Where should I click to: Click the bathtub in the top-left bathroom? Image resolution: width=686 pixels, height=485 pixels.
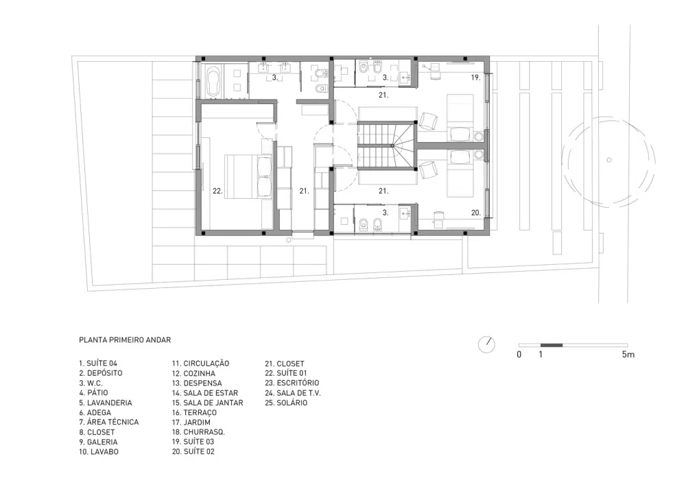pos(214,82)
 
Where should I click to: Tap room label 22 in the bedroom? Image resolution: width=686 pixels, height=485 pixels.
pos(217,191)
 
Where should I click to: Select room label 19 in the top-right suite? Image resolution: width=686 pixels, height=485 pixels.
pos(476,78)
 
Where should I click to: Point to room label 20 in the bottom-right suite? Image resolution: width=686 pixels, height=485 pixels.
pos(476,213)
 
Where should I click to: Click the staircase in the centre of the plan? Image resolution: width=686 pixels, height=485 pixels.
pos(386,145)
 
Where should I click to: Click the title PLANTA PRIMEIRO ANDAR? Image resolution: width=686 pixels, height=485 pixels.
pos(125,340)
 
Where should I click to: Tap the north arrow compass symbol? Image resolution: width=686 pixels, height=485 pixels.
pos(486,344)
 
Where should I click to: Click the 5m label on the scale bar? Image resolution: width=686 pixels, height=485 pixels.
pos(628,354)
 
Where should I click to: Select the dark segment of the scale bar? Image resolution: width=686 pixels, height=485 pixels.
pos(552,346)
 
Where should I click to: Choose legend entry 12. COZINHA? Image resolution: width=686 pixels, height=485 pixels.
pos(193,373)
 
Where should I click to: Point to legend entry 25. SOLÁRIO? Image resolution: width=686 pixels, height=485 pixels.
pos(286,403)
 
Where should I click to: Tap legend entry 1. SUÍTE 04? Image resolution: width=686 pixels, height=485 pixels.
pos(98,364)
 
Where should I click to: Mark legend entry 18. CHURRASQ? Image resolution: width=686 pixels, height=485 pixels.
pos(198,432)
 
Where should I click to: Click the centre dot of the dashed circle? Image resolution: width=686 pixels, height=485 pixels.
pos(608,160)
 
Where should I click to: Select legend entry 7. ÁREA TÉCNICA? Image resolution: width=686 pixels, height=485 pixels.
pos(109,422)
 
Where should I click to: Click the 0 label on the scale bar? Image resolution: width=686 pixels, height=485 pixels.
pos(519,354)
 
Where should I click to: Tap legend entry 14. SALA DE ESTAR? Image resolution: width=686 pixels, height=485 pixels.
pos(204,392)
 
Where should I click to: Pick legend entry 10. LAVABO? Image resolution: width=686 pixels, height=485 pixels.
pos(99,452)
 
